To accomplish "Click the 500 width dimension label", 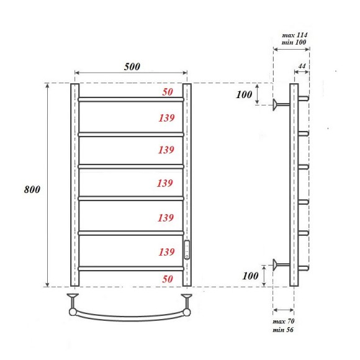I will coord(131,66).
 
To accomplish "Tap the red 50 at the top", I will coord(168,92).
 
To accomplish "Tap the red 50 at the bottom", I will coord(168,279).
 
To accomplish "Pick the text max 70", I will coord(284,321).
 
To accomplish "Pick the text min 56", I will coord(284,330).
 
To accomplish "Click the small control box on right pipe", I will coord(187,250).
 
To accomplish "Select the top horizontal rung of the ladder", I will coord(130,99).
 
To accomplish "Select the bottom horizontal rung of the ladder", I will coord(130,268).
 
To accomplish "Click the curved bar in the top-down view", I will coord(130,317).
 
